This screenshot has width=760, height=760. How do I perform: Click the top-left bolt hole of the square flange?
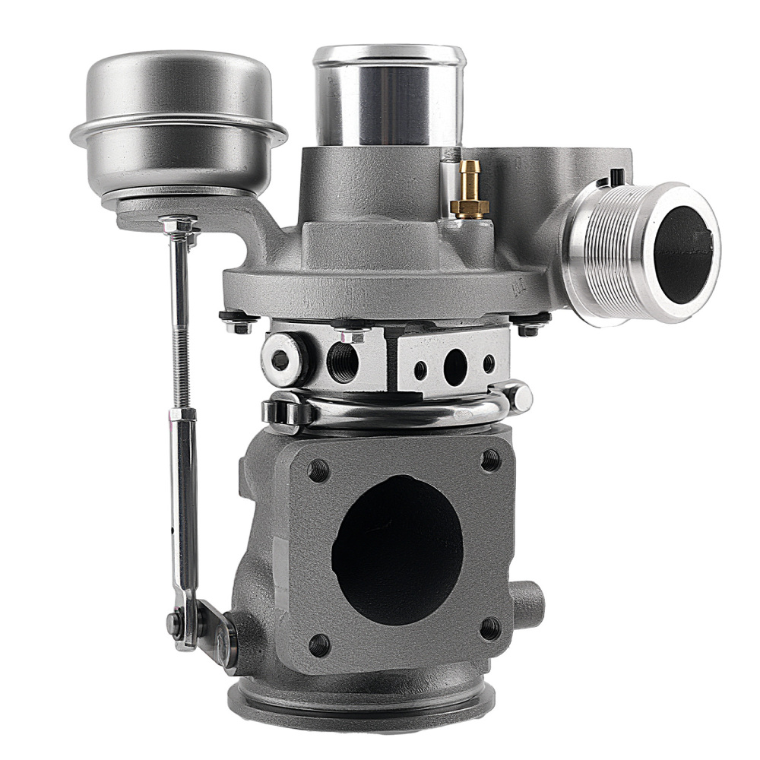[318, 470]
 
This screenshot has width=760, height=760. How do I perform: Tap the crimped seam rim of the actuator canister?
[178, 132]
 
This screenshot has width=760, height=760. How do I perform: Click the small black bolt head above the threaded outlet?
[616, 177]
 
